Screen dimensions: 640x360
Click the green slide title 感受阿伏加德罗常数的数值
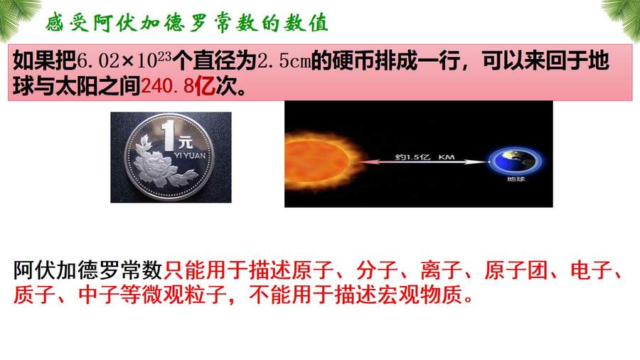[187, 23]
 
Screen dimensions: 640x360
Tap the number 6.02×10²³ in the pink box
[124, 60]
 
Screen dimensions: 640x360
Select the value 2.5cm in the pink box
[284, 61]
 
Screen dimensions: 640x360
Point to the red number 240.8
[167, 86]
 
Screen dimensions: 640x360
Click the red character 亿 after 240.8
[204, 86]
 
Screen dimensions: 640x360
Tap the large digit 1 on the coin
[168, 134]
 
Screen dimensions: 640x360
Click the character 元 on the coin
[185, 142]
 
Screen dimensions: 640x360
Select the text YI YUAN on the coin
[190, 155]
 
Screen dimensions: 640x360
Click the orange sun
[321, 162]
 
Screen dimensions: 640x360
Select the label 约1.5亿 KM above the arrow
[425, 157]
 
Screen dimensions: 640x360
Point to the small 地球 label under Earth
[516, 179]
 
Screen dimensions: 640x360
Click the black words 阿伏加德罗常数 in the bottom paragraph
[87, 270]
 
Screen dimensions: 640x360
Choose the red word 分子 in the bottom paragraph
[377, 270]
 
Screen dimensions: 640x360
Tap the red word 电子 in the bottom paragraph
[591, 270]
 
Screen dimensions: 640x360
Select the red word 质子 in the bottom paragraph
[34, 295]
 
